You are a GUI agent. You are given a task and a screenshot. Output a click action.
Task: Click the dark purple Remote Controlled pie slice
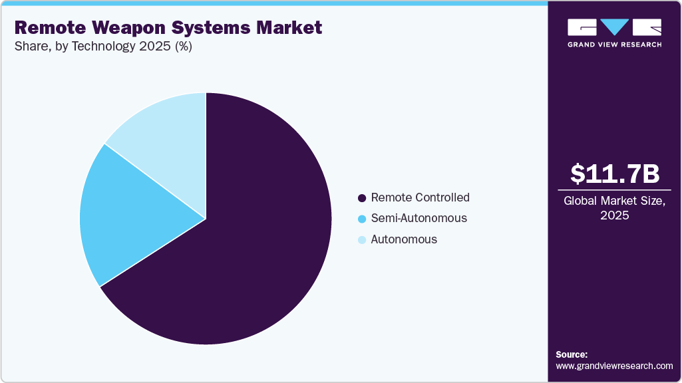[x=253, y=253]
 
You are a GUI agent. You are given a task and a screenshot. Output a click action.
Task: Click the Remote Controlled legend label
[x=420, y=197]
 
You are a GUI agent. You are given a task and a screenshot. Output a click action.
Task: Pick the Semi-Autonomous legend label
[x=419, y=218]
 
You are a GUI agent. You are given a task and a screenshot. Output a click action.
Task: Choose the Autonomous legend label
[x=404, y=239]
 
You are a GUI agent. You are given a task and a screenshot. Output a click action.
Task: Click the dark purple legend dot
[x=362, y=198]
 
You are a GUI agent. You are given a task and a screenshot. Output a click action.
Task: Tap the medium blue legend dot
[x=362, y=219]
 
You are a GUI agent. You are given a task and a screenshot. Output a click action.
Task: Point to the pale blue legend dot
[x=362, y=240]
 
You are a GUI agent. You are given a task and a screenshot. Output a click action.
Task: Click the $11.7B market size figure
[x=614, y=174]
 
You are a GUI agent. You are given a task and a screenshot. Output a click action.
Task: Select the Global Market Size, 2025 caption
[x=614, y=208]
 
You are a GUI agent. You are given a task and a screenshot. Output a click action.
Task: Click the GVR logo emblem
[x=614, y=27]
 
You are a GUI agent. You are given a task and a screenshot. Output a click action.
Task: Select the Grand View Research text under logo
[x=614, y=45]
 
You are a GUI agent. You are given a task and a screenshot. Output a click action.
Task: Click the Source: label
[x=572, y=354]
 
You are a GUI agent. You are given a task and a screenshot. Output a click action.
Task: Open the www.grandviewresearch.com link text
[x=614, y=366]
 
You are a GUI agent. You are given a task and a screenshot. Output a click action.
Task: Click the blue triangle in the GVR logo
[x=614, y=27]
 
